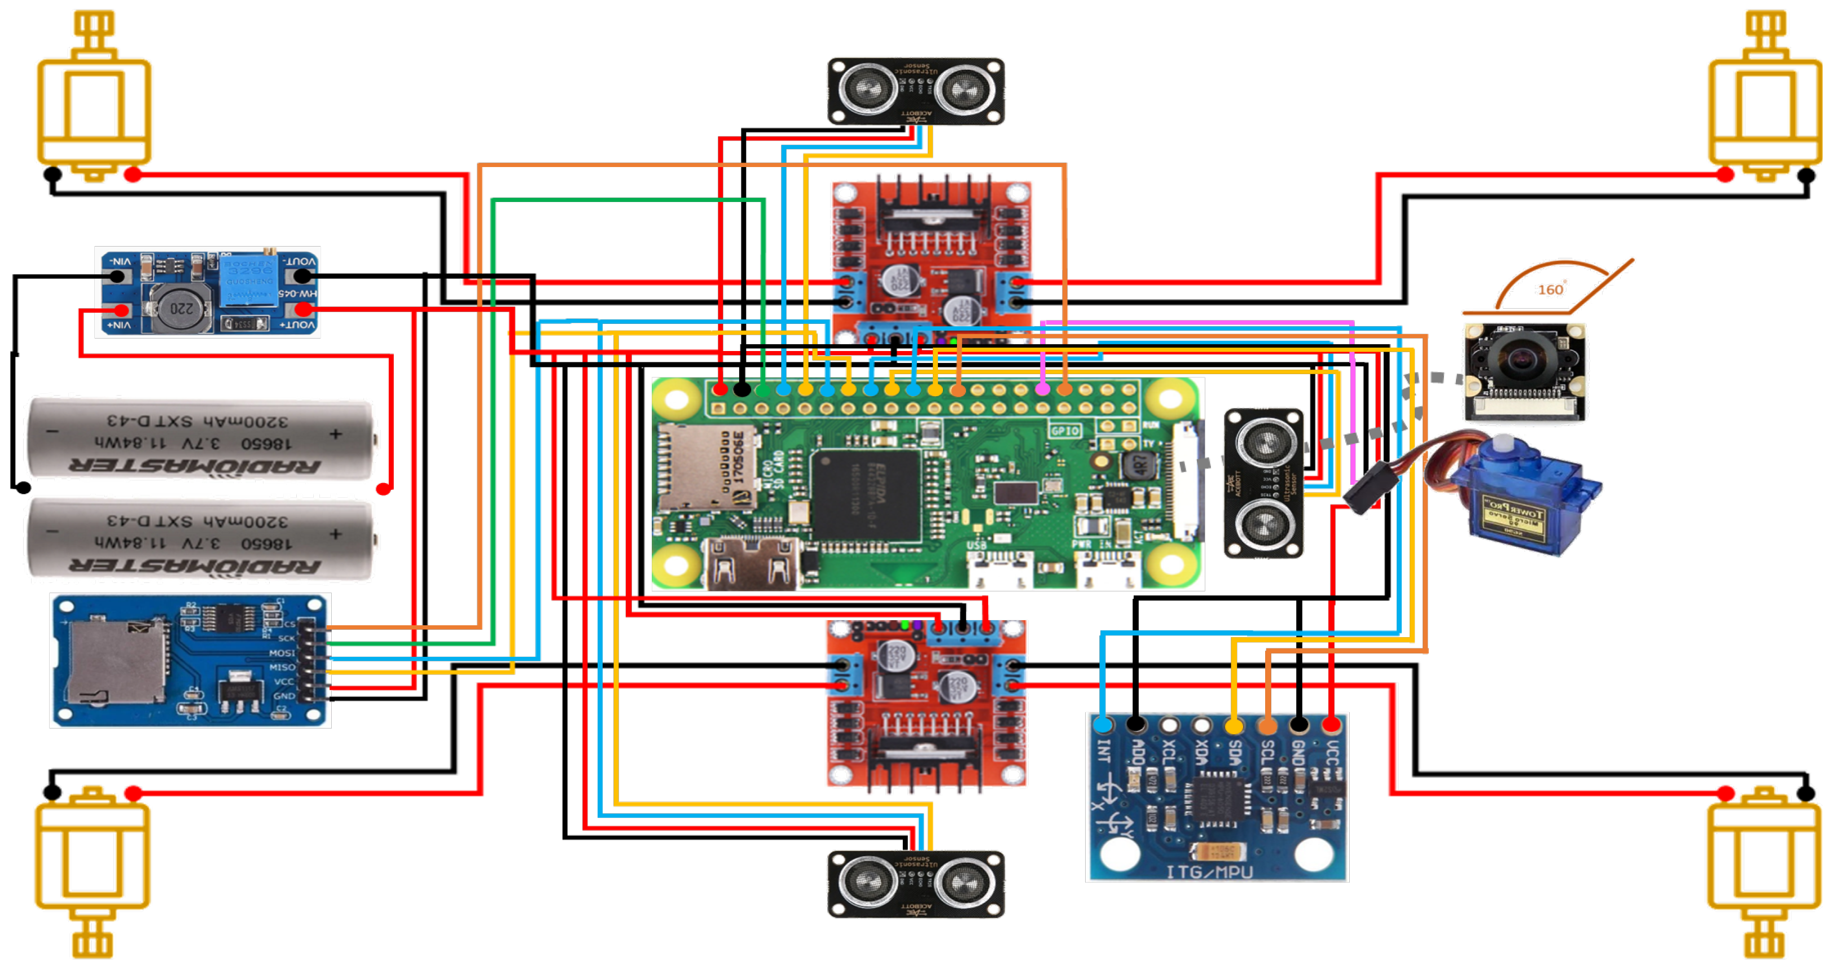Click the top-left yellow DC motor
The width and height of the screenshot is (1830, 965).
point(94,107)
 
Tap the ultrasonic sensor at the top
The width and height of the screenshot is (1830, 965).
point(916,91)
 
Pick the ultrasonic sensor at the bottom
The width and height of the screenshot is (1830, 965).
point(916,884)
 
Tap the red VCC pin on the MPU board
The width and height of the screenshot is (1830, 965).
point(1331,725)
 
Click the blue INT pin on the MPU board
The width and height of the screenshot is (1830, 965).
point(1103,725)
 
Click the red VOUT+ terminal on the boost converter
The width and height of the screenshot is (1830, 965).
point(304,309)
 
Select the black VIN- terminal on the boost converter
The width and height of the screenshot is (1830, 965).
point(117,277)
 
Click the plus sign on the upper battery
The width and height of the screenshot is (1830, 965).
point(335,433)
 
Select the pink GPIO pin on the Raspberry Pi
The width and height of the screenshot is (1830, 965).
point(1042,389)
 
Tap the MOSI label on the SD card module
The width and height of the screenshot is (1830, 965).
point(282,652)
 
